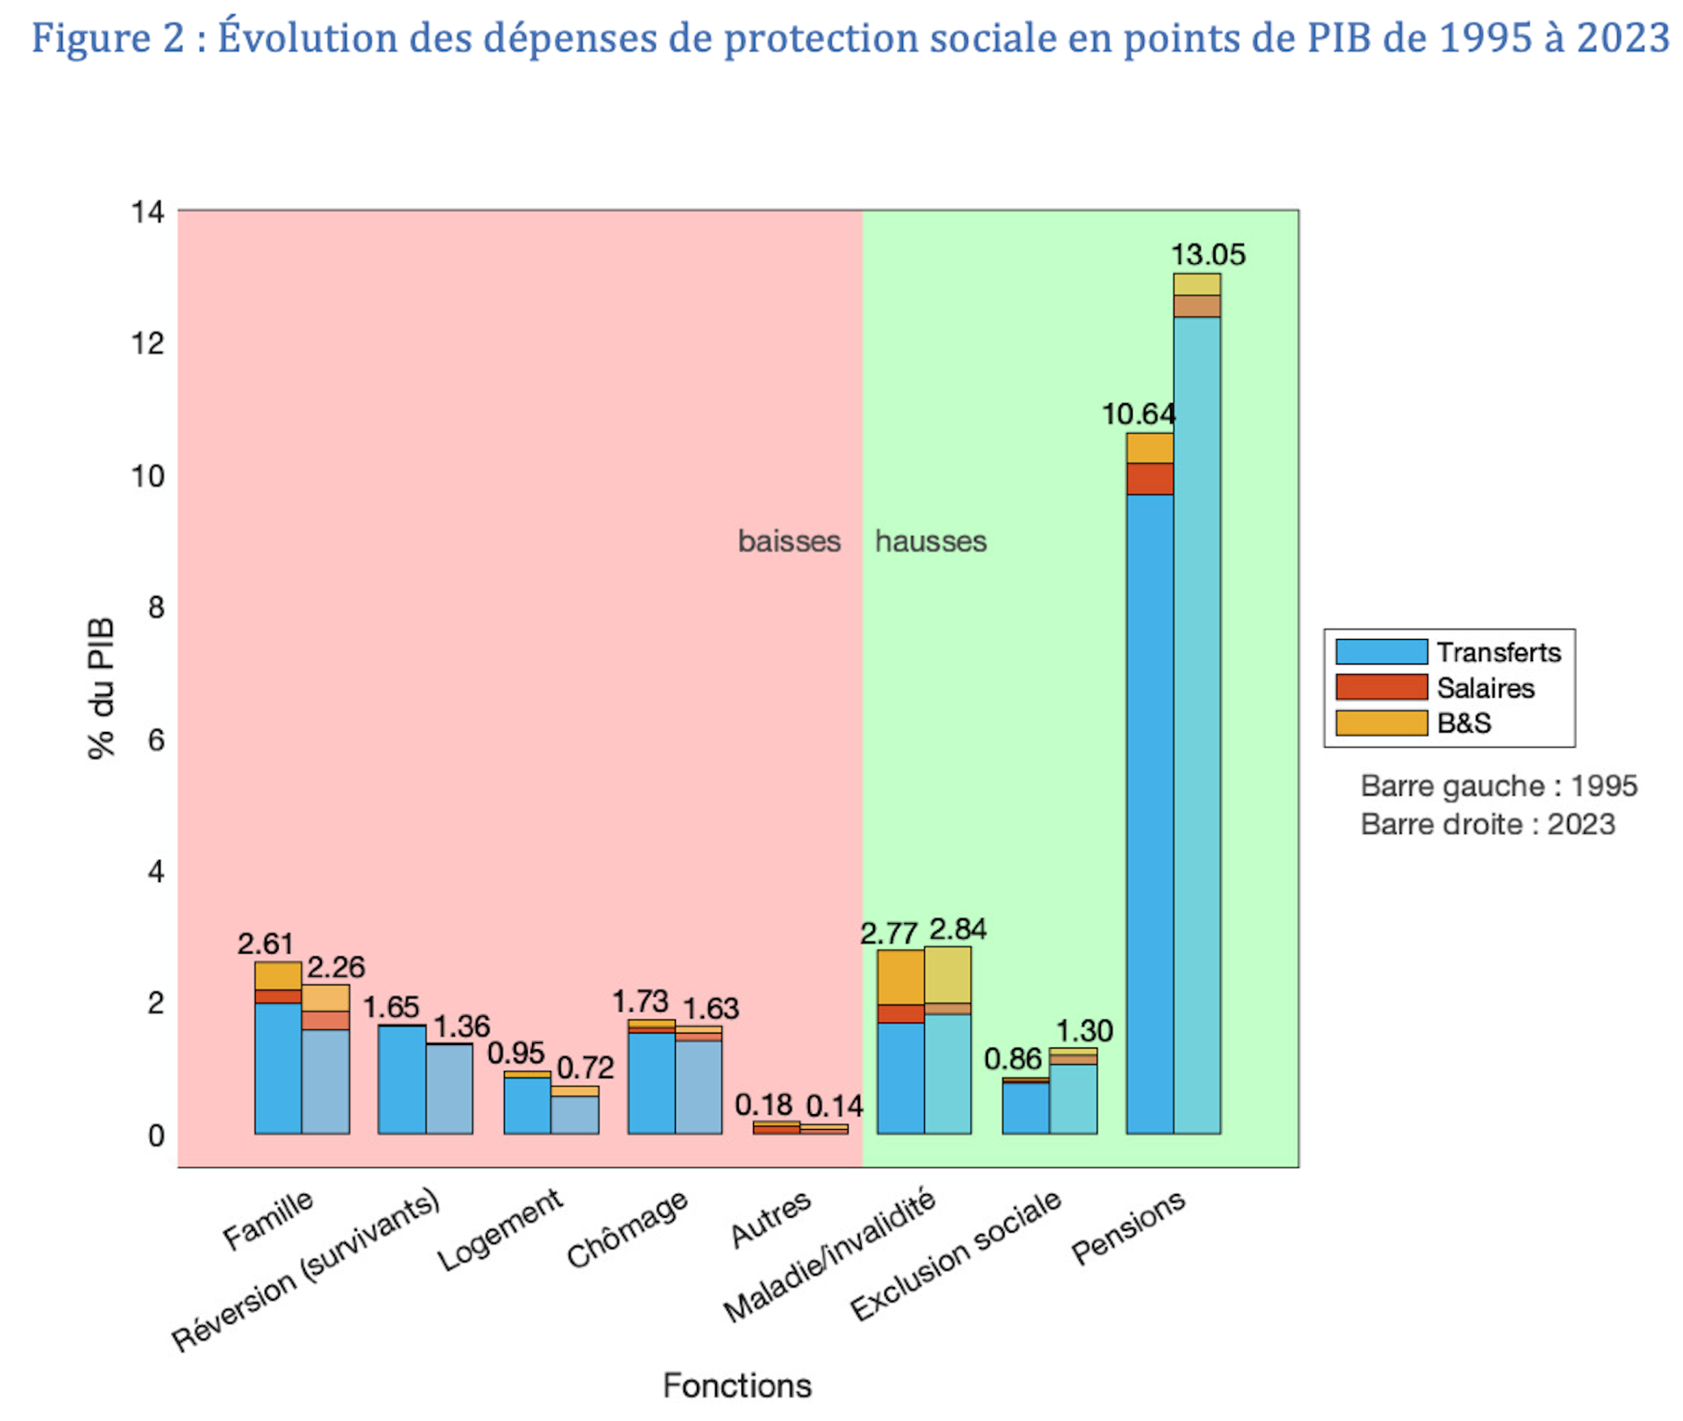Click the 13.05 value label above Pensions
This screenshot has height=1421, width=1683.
coord(1207,255)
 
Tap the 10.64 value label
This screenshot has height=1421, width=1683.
coord(1138,414)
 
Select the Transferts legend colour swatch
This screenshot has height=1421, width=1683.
coord(1381,652)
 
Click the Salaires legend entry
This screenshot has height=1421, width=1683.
coord(1485,688)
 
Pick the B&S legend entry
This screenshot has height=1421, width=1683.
coord(1463,723)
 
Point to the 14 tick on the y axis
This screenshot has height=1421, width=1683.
coord(147,212)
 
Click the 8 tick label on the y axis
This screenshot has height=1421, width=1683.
coord(156,607)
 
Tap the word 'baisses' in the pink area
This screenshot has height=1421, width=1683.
coord(789,542)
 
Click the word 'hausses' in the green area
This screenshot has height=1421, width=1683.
coord(930,542)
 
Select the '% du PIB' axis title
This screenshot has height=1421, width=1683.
coord(102,688)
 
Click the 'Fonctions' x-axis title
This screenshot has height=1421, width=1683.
coord(736,1386)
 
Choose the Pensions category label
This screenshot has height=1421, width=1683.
coord(1128,1227)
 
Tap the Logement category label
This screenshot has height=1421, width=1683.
coord(501,1230)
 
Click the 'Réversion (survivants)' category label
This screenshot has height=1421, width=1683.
coord(306,1271)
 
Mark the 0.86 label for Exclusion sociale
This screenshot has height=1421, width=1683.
coord(1012,1059)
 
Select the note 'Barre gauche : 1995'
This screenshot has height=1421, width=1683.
coord(1498,786)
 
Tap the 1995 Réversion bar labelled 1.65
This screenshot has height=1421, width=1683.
coord(401,1079)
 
